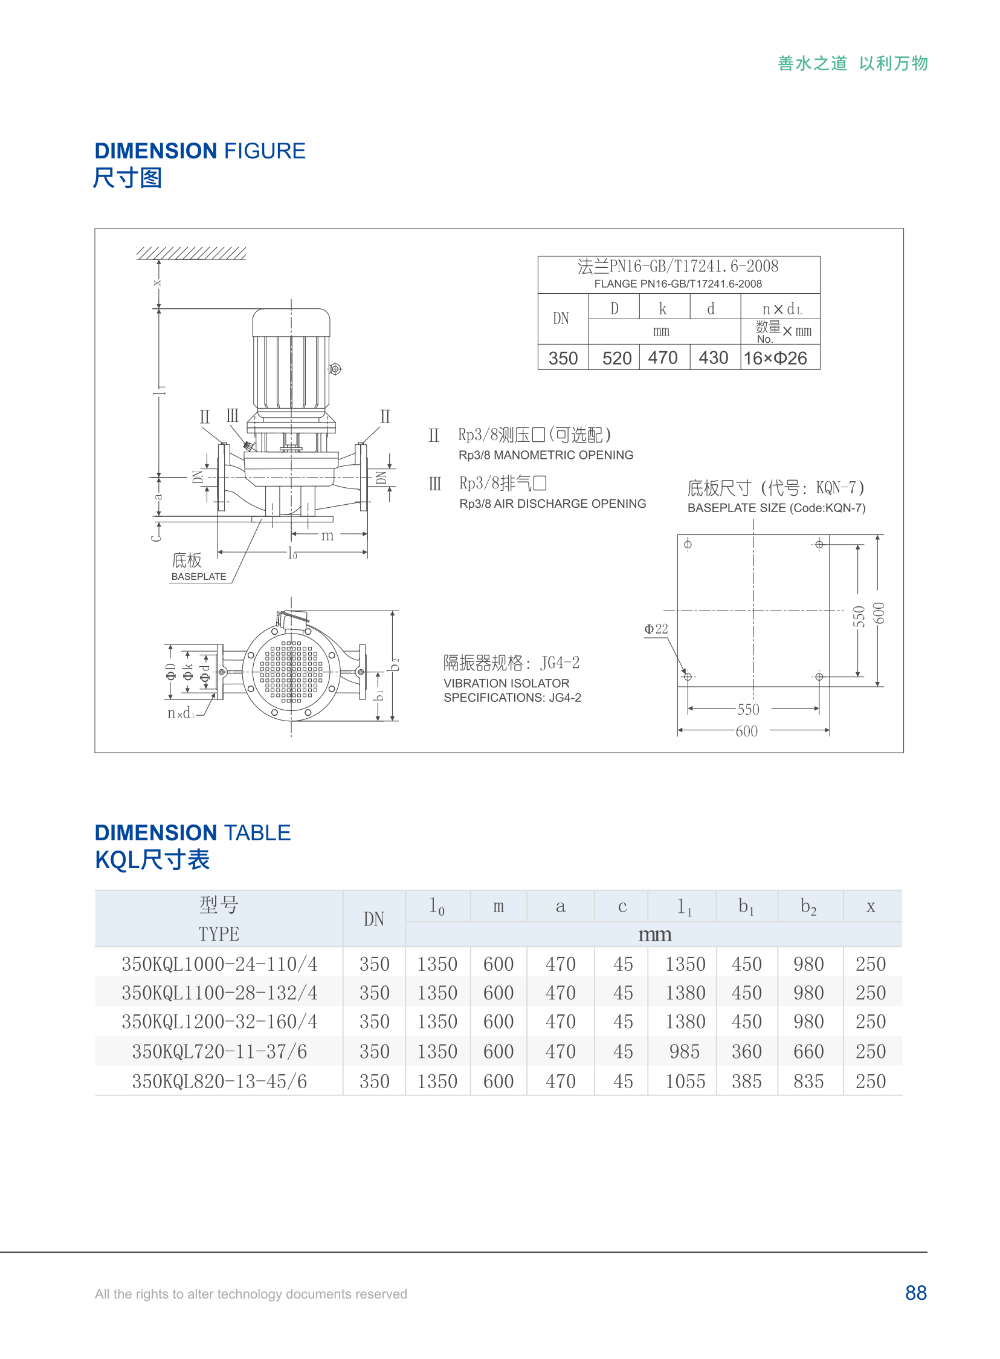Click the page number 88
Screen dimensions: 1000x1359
(915, 1293)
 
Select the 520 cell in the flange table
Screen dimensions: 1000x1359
(616, 358)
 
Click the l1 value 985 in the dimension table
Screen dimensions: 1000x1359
(685, 1051)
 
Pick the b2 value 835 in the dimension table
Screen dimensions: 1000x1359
(808, 1081)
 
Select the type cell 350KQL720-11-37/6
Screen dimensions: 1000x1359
(219, 1051)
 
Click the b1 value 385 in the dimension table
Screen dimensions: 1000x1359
(746, 1081)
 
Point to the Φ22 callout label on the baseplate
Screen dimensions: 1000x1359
(656, 629)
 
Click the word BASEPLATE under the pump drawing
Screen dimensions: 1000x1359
(199, 577)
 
